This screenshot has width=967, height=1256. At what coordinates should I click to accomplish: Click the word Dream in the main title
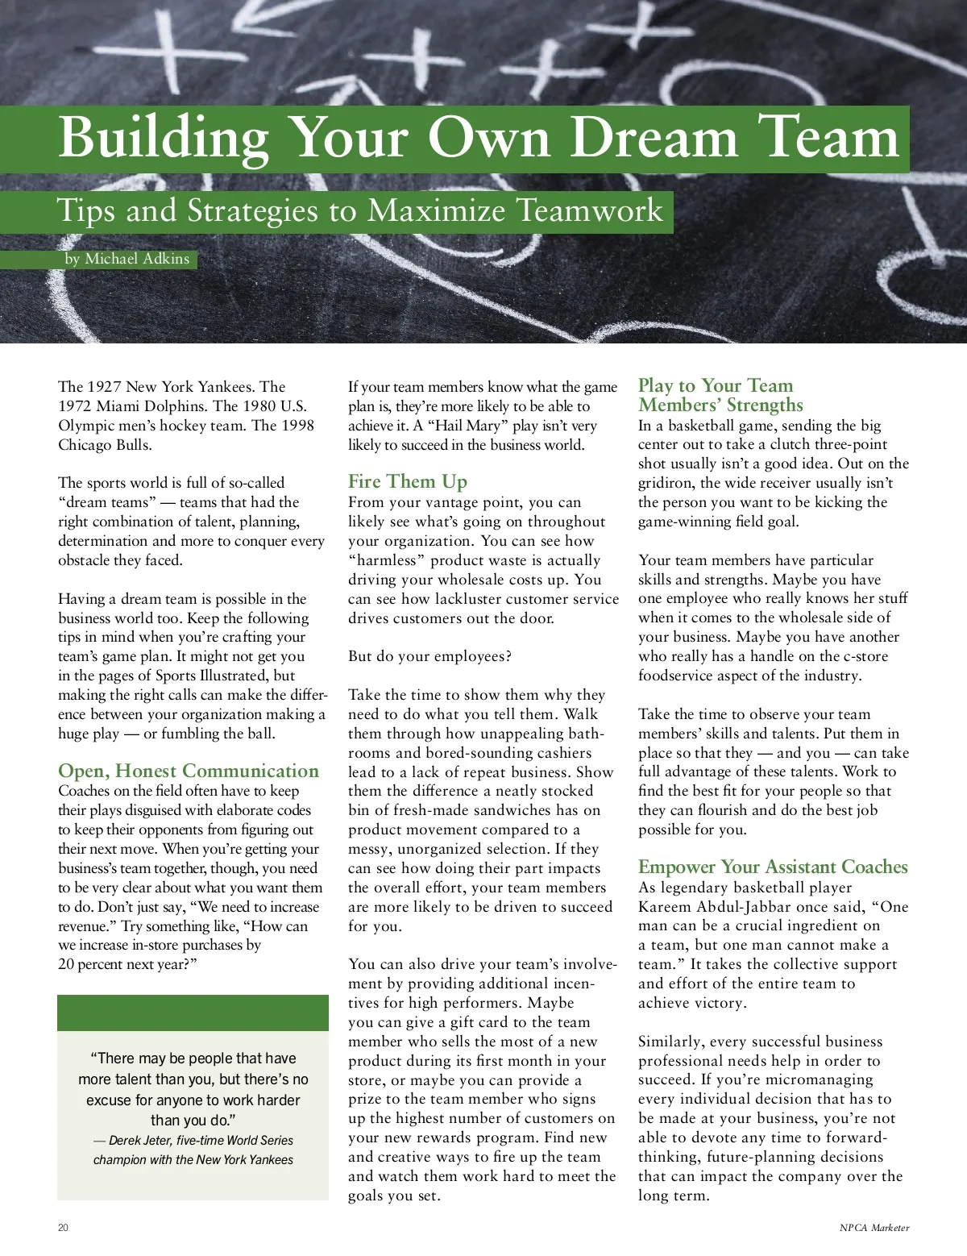coord(654,139)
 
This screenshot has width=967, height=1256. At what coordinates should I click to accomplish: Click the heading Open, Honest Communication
coord(189,771)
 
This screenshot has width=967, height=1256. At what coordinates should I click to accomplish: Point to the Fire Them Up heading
coord(407,481)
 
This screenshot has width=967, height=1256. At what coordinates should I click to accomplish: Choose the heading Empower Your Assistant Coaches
coord(772,867)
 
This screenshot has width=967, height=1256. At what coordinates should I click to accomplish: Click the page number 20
coord(64,1228)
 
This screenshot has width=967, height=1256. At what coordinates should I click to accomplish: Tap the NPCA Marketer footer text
coord(874,1228)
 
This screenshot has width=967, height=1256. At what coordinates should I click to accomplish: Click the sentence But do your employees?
coord(430,656)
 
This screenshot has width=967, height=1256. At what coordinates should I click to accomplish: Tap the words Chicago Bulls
coord(105,445)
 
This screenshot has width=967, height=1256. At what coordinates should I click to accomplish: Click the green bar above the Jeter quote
coord(193,1013)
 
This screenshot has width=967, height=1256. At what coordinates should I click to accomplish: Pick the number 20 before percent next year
coord(66,964)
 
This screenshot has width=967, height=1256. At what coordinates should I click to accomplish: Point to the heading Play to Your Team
coord(716,385)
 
